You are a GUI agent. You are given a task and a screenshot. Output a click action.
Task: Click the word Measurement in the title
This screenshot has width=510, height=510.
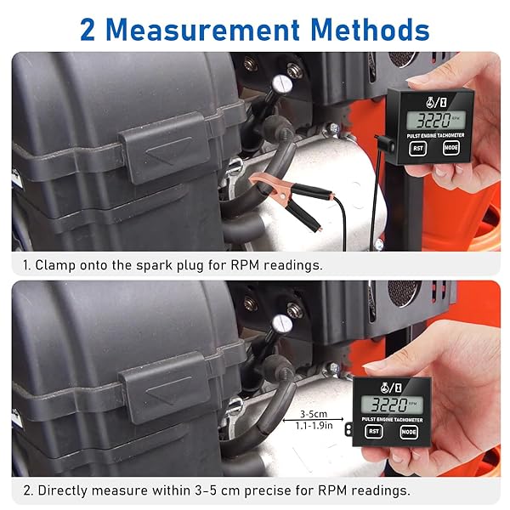tap(202, 30)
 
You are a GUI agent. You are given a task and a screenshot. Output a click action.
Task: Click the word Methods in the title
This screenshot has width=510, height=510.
tap(370, 30)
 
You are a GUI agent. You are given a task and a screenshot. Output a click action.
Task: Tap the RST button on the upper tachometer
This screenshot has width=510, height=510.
tap(417, 149)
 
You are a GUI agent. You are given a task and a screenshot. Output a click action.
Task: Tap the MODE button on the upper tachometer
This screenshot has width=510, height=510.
tap(451, 148)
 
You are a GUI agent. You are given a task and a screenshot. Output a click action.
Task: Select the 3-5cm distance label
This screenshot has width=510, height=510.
tap(314, 414)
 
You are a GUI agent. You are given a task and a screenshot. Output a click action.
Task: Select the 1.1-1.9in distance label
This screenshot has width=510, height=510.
tap(314, 426)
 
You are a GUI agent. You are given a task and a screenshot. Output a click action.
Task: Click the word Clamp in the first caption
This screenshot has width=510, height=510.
tap(55, 265)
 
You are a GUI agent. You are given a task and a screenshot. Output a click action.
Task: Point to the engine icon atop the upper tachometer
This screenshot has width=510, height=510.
tap(431, 103)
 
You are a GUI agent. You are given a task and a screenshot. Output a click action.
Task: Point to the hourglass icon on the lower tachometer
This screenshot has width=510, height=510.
tap(398, 388)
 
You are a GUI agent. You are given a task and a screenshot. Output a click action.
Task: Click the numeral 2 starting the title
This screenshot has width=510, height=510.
tap(88, 30)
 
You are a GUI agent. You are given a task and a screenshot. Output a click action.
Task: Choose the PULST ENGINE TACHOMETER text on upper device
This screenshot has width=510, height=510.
tap(435, 135)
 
